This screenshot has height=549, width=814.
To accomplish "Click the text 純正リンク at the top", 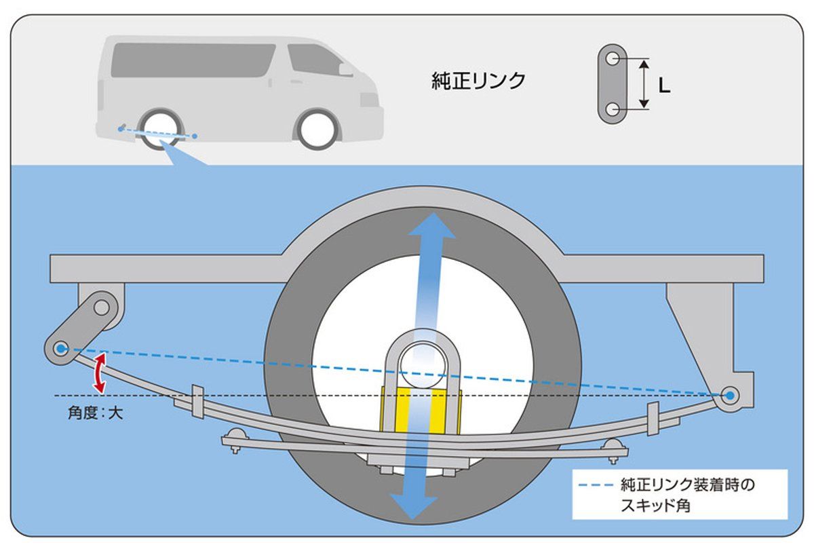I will [479, 81].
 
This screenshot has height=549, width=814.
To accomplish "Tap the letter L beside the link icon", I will [664, 86].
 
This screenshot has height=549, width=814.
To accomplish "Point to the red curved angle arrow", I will [100, 372].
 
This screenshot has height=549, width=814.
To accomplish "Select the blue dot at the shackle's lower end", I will [61, 348].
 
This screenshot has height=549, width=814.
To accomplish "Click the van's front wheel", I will [317, 127].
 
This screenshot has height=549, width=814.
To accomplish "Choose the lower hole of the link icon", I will [613, 109].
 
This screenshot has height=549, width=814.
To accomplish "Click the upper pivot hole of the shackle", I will [102, 308].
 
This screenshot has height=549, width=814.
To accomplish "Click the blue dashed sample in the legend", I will [597, 485].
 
